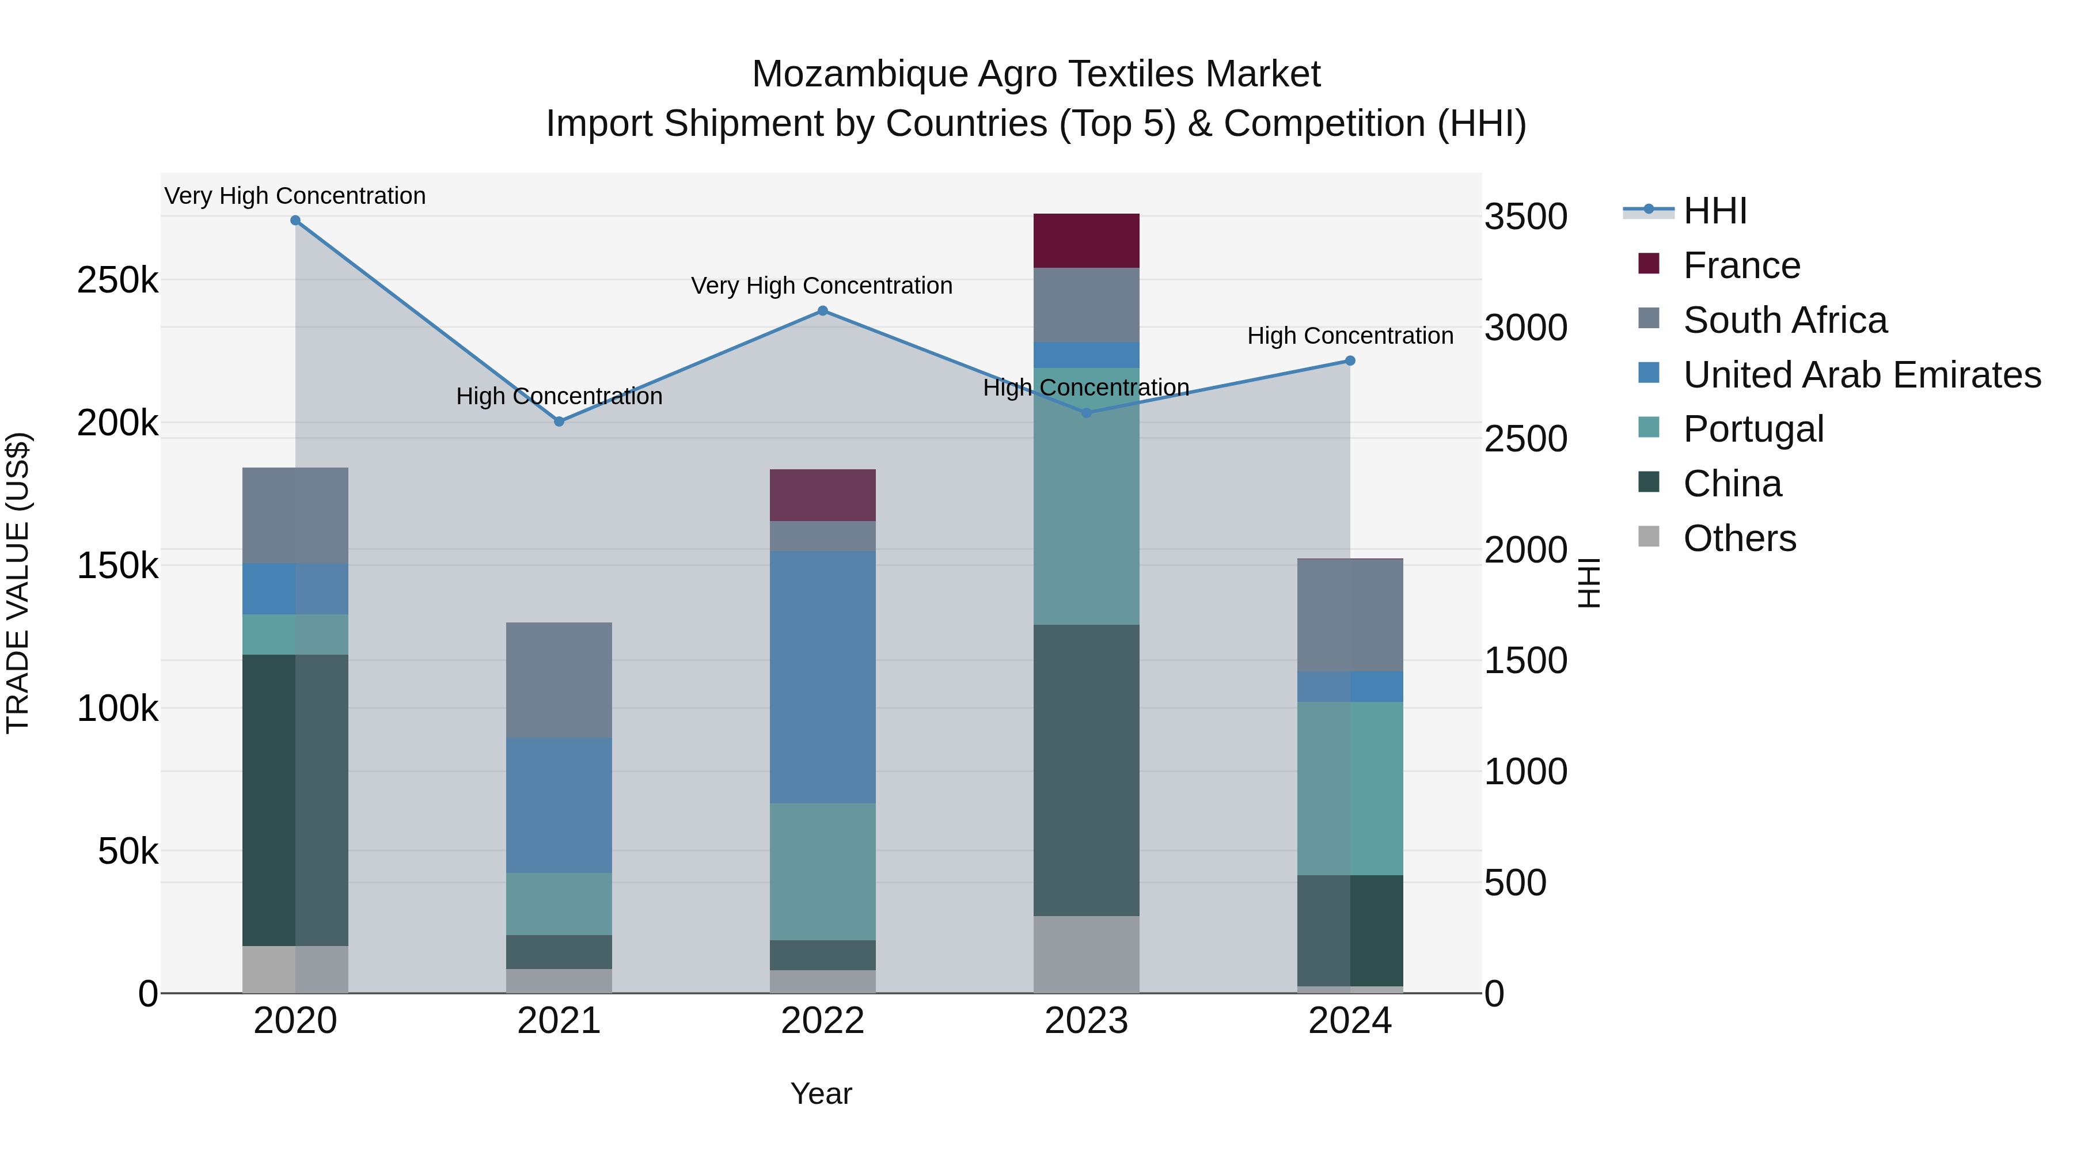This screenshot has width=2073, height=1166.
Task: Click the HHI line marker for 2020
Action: (x=295, y=221)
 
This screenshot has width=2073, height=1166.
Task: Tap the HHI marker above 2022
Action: (x=822, y=310)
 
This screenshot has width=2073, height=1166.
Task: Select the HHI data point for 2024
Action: (x=1350, y=360)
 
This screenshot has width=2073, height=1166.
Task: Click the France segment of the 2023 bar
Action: (x=1087, y=241)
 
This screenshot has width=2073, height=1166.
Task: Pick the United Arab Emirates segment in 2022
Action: (x=822, y=677)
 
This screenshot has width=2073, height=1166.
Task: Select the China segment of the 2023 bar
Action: (x=1087, y=769)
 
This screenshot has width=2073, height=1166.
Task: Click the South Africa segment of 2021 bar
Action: (x=559, y=680)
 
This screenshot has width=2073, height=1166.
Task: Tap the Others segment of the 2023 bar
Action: (x=1087, y=954)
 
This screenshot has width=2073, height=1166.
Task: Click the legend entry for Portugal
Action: (x=1753, y=429)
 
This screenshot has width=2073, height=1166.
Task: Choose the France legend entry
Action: (x=1741, y=265)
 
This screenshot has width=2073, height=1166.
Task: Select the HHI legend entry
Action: (x=1714, y=211)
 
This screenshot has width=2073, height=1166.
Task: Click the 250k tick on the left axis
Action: (x=117, y=281)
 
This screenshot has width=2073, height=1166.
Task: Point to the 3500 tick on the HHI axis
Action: (x=1525, y=217)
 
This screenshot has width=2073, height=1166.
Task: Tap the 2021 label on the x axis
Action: (x=559, y=1021)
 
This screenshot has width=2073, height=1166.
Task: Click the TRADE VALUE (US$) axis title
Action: (x=18, y=583)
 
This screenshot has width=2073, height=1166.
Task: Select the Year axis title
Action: (x=821, y=1093)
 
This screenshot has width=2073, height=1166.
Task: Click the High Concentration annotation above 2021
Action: (x=559, y=396)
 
